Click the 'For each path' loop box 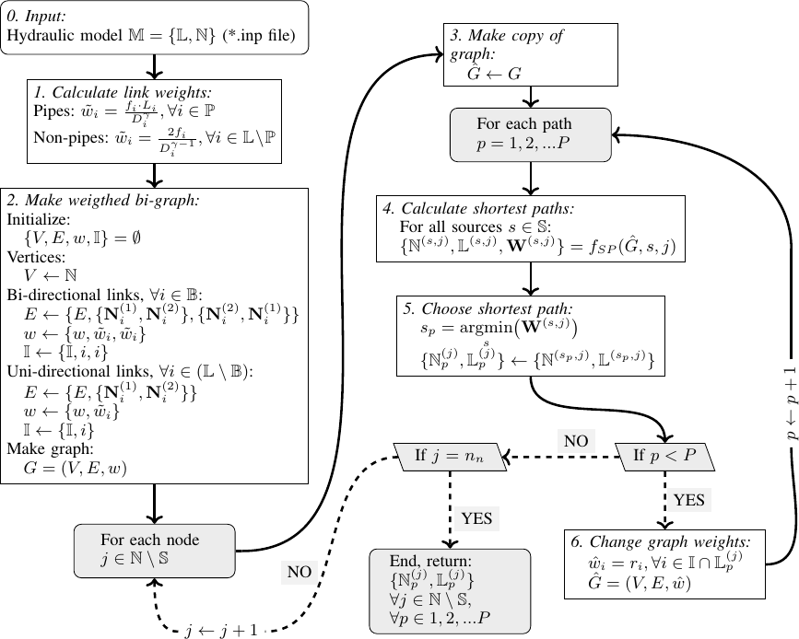tap(530, 134)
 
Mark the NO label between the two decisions tap(577, 415)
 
